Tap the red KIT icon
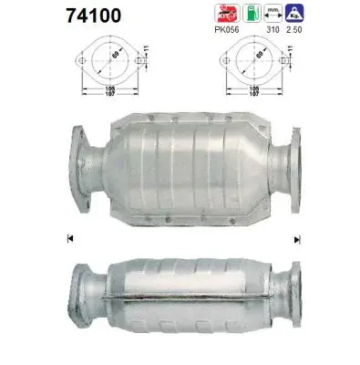[224, 12]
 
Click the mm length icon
[270, 13]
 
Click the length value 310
[271, 29]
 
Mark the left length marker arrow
[70, 239]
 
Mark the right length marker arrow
[296, 239]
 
